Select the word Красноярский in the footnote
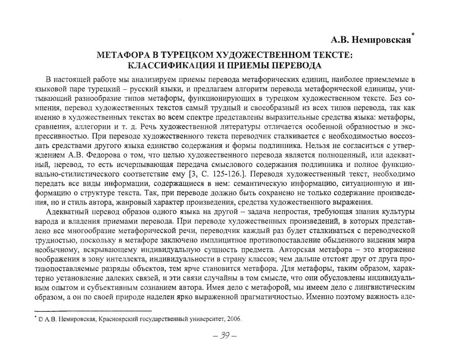116,319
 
